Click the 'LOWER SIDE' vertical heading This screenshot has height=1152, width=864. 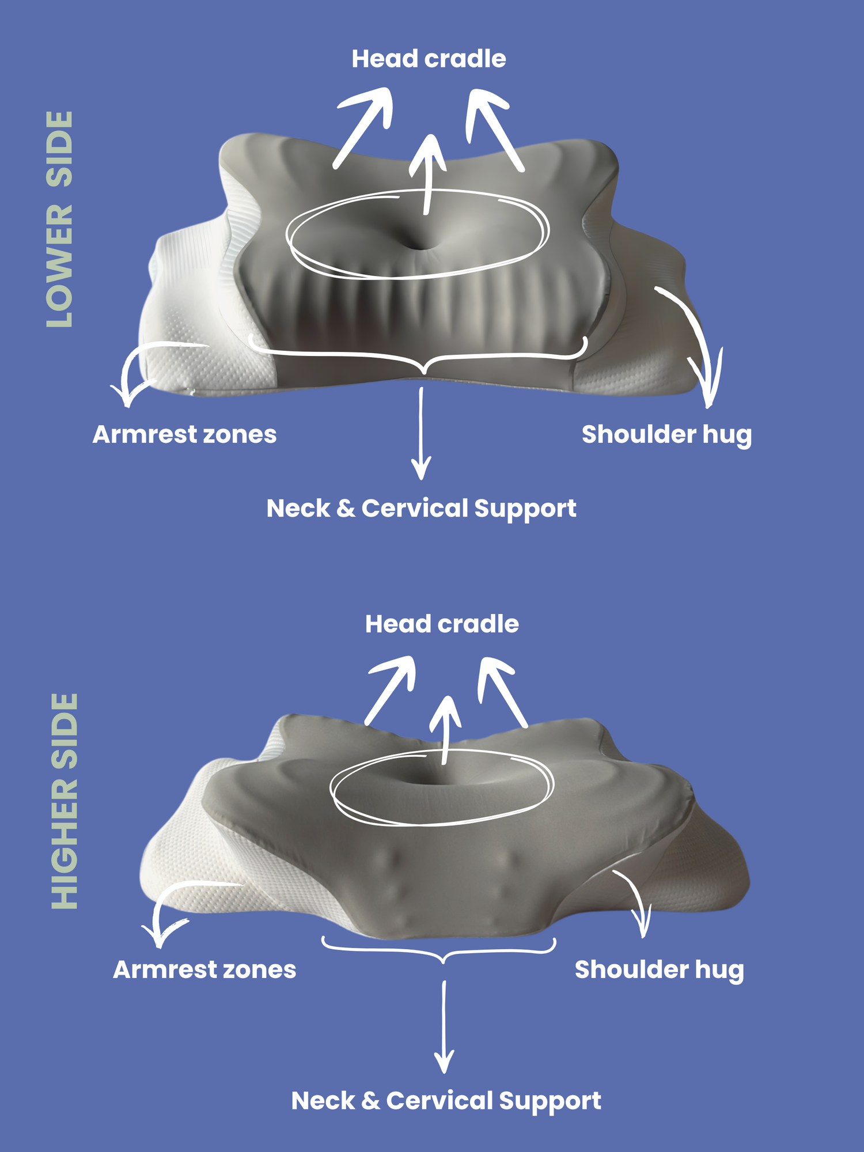click(x=60, y=219)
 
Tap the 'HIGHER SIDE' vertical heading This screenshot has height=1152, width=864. click(x=65, y=801)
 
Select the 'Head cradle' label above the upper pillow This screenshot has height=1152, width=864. click(x=429, y=59)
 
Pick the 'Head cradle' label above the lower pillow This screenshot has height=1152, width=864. click(x=442, y=624)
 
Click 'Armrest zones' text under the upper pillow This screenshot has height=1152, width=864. click(x=184, y=434)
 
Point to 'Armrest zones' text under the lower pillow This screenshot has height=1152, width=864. click(x=204, y=969)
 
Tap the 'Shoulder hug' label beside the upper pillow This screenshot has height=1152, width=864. click(x=666, y=435)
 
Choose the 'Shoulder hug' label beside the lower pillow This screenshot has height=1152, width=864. click(x=659, y=970)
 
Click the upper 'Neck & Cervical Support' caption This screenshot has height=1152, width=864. click(x=421, y=509)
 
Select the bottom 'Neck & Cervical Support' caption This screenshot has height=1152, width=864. click(x=446, y=1101)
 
